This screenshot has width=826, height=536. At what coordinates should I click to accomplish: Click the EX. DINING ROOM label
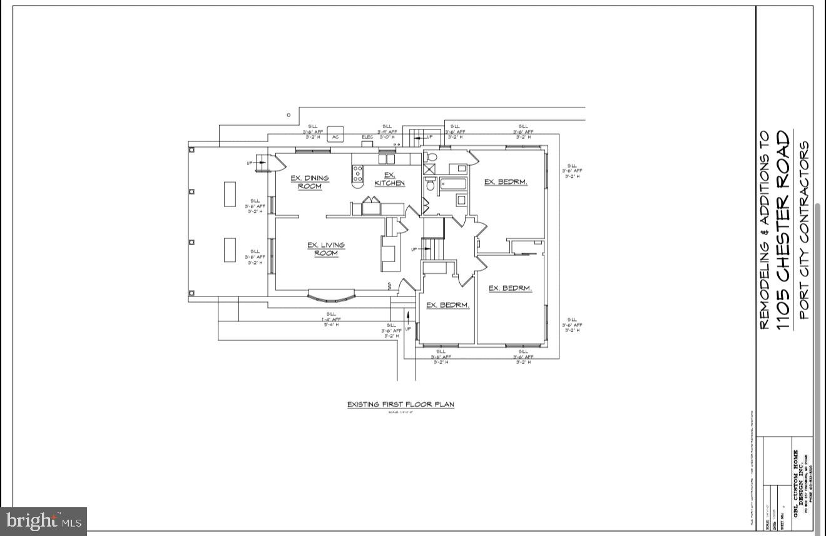pyautogui.click(x=309, y=182)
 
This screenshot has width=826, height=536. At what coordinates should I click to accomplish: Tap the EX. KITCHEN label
pyautogui.click(x=389, y=180)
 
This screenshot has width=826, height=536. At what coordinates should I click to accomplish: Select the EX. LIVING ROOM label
pyautogui.click(x=325, y=249)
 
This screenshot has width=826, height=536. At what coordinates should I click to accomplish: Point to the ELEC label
pyautogui.click(x=367, y=137)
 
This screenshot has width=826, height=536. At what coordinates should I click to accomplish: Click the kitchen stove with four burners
pyautogui.click(x=357, y=174)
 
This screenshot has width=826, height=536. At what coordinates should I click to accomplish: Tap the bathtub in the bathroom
pyautogui.click(x=453, y=184)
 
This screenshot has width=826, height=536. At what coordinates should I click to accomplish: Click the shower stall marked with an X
pyautogui.click(x=431, y=169)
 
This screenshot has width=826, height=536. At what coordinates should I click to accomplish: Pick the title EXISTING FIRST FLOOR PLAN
pyautogui.click(x=400, y=405)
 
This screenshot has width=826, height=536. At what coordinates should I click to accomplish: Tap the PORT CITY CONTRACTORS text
pyautogui.click(x=804, y=230)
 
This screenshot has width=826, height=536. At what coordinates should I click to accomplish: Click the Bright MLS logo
pyautogui.click(x=44, y=521)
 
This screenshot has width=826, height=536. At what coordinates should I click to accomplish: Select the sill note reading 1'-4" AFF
pyautogui.click(x=331, y=319)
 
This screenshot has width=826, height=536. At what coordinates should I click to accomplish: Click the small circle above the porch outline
pyautogui.click(x=288, y=115)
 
